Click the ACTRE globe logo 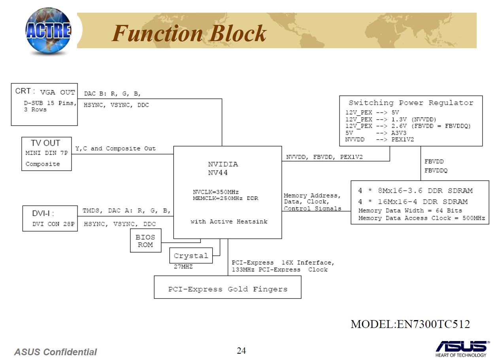coord(48,31)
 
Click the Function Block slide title coord(189,33)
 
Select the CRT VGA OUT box coord(44,104)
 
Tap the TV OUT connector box coord(46,154)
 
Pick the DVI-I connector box coord(50,218)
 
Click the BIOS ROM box coord(145,241)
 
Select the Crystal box coord(191,256)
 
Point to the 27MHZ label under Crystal coord(183,267)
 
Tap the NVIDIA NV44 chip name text coord(223,168)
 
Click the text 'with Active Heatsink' coord(229,222)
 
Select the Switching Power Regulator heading coord(411,103)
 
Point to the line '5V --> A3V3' coord(375,133)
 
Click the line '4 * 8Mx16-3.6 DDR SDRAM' coord(415,191)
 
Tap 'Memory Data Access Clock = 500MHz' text coord(421,218)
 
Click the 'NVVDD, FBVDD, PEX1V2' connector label coord(324,157)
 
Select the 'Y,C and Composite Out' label coord(115,149)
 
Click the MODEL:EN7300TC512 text coord(410,324)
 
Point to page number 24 coord(241,351)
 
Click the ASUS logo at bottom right coord(461,347)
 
